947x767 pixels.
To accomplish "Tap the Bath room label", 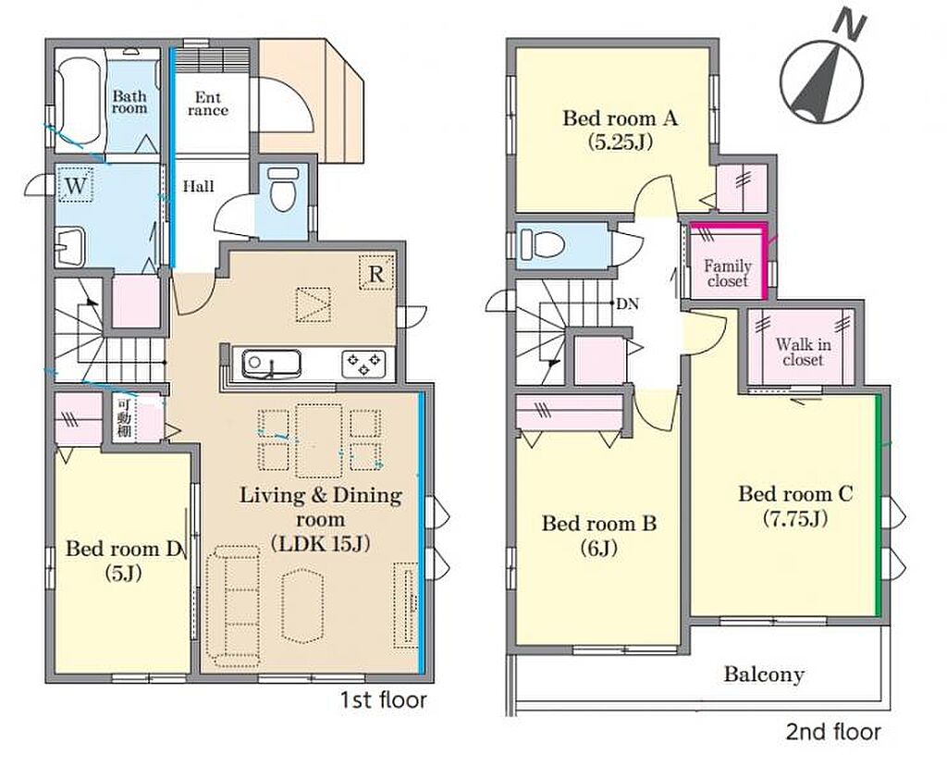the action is (x=129, y=102).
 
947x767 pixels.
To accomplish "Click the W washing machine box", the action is (x=76, y=184).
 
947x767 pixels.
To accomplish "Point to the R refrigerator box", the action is (x=376, y=274).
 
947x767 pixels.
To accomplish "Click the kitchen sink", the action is (x=271, y=365).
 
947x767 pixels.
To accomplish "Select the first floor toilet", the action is (x=282, y=189).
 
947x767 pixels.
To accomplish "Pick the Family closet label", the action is (x=728, y=273).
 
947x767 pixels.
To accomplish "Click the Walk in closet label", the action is (x=803, y=353).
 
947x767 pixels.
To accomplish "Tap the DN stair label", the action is (x=628, y=304).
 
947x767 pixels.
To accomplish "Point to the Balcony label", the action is (x=764, y=674).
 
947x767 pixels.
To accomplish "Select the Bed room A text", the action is (x=621, y=118).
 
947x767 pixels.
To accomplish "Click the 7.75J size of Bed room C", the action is (x=794, y=519).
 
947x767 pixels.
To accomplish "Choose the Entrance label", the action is (x=208, y=104).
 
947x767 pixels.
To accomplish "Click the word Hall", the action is (x=199, y=186).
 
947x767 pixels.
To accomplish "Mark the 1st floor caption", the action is (x=383, y=700).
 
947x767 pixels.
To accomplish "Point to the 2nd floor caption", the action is (x=833, y=732).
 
